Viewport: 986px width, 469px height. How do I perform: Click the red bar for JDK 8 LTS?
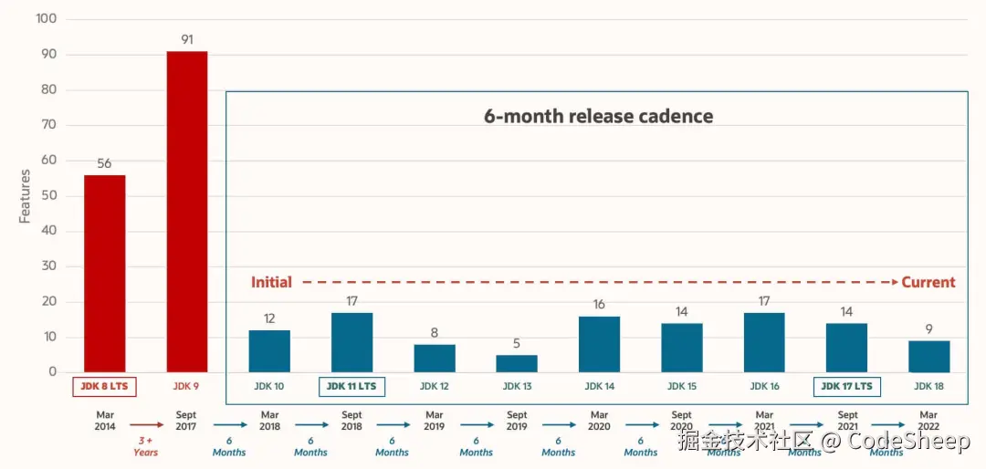pyautogui.click(x=104, y=273)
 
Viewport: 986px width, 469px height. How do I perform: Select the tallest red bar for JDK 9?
pyautogui.click(x=186, y=211)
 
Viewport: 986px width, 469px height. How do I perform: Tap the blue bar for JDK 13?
pyautogui.click(x=517, y=363)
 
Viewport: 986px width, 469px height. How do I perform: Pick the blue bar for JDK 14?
pyautogui.click(x=599, y=344)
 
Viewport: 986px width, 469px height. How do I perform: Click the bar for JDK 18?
pyautogui.click(x=928, y=356)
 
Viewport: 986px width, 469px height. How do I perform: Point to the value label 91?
pyautogui.click(x=186, y=40)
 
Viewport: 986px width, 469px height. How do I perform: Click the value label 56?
pyautogui.click(x=104, y=163)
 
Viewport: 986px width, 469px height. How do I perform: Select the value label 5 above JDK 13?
pyautogui.click(x=517, y=344)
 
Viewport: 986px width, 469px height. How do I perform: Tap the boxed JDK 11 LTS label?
pyautogui.click(x=351, y=386)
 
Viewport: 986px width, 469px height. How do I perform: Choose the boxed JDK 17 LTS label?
pyautogui.click(x=846, y=386)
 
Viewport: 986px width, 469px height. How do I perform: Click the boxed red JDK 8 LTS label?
pyautogui.click(x=104, y=387)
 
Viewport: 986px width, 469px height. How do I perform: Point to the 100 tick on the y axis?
pyautogui.click(x=46, y=19)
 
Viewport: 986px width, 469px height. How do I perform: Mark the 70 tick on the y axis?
pyautogui.click(x=47, y=125)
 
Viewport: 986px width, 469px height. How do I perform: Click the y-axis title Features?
pyautogui.click(x=25, y=196)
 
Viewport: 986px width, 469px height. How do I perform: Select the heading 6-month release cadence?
pyautogui.click(x=598, y=116)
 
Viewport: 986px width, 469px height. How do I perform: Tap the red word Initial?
pyautogui.click(x=271, y=282)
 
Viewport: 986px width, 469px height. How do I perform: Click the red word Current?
pyautogui.click(x=928, y=282)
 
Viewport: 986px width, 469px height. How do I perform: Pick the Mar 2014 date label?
pyautogui.click(x=105, y=421)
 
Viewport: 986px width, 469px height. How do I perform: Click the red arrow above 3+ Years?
pyautogui.click(x=145, y=424)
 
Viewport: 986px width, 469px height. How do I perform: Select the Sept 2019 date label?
pyautogui.click(x=517, y=421)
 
